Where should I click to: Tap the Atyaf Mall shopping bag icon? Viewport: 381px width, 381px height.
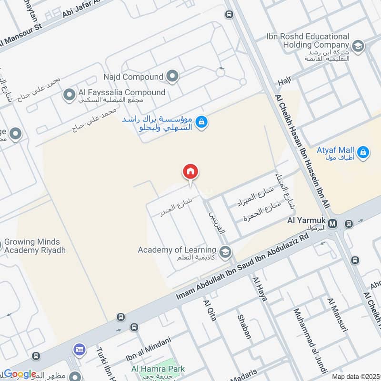[x=363, y=152]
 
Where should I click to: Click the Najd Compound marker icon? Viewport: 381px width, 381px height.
[x=172, y=76]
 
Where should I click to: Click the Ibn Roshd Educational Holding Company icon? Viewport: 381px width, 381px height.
[x=358, y=46]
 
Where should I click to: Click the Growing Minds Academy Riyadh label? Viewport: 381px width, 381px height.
[x=35, y=246]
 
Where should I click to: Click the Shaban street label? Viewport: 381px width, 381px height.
[x=244, y=326]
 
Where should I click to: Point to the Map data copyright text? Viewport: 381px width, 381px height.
[x=356, y=376]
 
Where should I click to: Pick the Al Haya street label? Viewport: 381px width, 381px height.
[x=260, y=289]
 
